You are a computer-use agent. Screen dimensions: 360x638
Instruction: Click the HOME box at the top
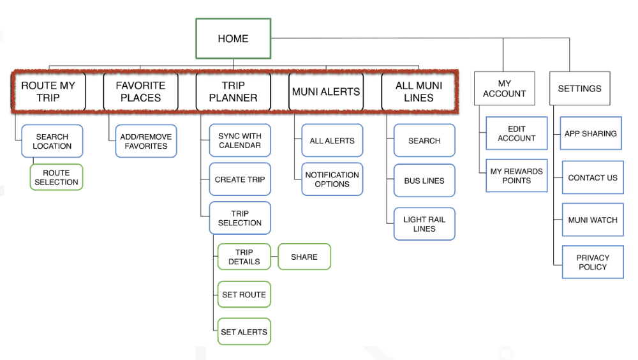point(233,38)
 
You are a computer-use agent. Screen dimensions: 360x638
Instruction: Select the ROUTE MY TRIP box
point(48,92)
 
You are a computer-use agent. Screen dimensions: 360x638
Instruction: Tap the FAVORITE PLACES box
point(140,92)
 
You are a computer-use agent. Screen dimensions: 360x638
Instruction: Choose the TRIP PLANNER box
point(233,92)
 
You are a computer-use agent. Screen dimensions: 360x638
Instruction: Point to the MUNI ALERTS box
point(325,92)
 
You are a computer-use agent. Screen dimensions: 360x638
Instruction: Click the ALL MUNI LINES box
point(419,92)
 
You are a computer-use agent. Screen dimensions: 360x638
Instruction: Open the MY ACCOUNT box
point(504,88)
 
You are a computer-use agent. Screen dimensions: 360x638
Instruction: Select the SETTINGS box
point(579,88)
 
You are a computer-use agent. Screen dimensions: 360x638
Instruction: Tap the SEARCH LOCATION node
point(52,141)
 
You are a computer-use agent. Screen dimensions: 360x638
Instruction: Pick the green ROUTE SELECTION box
point(56,177)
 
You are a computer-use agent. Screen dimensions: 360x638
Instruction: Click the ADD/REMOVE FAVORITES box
point(145,141)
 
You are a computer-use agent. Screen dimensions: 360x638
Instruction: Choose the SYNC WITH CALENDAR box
point(240,140)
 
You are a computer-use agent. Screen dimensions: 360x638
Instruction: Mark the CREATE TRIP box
point(240,179)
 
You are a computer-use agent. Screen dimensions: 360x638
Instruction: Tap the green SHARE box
point(304,257)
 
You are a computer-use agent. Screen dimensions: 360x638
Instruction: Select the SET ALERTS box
point(244,332)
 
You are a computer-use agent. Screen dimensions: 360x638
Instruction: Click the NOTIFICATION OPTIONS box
point(332,179)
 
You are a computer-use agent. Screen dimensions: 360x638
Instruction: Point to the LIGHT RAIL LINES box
point(424,224)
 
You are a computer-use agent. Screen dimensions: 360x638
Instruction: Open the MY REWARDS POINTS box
point(516,176)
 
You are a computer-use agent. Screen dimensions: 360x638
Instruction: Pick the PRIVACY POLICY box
point(593,262)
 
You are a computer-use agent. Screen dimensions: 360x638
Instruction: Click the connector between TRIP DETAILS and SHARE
point(274,257)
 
